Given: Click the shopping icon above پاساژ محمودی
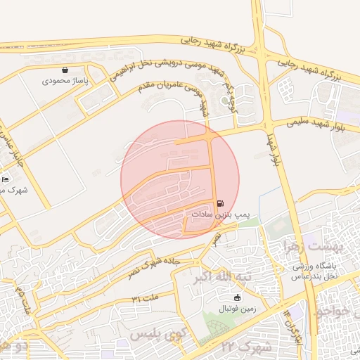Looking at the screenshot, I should (65, 70).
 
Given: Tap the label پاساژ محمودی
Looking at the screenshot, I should (65, 82).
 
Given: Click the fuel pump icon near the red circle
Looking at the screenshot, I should (221, 202).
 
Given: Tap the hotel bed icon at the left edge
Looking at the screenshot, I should (6, 180).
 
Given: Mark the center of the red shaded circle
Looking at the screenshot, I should (180, 179).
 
